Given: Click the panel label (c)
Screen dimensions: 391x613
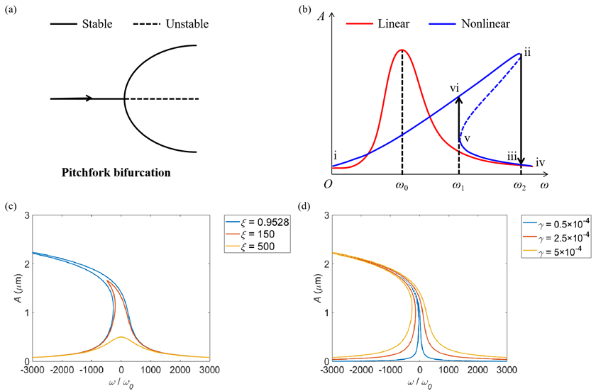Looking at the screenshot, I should click(11, 207).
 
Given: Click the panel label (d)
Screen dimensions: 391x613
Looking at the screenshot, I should click(306, 207).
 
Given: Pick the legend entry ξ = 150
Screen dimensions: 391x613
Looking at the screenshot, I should click(256, 233).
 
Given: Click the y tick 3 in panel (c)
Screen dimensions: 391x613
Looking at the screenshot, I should click(26, 215).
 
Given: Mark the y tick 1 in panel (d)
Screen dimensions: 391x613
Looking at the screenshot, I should click(326, 313).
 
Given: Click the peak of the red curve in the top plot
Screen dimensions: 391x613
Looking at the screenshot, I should click(402, 50).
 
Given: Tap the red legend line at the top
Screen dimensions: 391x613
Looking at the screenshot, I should click(360, 24).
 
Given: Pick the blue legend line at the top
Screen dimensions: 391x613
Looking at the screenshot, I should click(443, 24).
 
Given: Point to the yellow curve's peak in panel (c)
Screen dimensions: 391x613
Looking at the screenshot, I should click(121, 337).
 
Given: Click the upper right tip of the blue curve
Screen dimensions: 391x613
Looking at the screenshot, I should click(520, 53).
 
